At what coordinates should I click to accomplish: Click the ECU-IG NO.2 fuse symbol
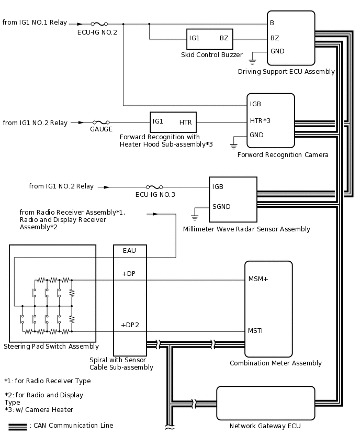(x=99, y=24)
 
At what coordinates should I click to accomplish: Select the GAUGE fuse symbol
(x=101, y=122)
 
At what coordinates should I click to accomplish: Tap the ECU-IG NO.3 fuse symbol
(x=154, y=187)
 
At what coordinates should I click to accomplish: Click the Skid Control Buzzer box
(x=209, y=39)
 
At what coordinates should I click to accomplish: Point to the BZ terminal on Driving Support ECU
(x=275, y=38)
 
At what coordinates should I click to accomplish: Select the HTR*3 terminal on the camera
(x=260, y=121)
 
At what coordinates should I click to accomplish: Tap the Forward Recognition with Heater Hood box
(x=173, y=122)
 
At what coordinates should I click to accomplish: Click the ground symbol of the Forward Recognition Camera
(x=234, y=146)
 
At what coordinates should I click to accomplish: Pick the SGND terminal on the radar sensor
(x=221, y=206)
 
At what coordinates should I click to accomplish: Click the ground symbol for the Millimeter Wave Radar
(x=195, y=216)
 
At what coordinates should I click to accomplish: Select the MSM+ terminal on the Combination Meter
(x=258, y=279)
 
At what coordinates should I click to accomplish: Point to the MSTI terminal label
(x=255, y=331)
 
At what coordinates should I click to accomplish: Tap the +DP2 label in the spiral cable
(x=130, y=325)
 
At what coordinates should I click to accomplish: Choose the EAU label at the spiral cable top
(x=130, y=251)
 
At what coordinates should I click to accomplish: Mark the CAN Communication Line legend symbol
(x=18, y=426)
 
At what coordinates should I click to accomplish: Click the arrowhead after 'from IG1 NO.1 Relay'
(x=80, y=24)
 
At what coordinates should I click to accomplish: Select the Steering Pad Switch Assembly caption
(x=51, y=347)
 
